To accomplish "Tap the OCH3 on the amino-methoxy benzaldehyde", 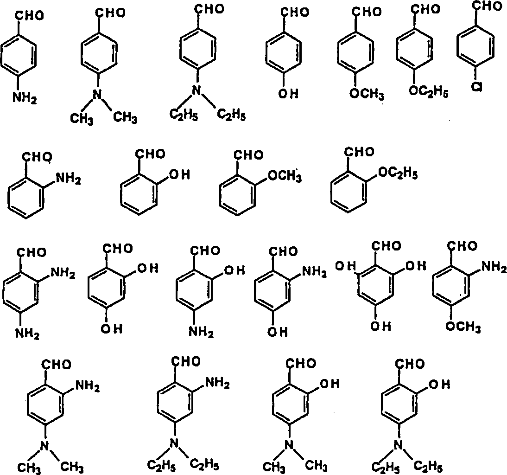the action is pos(463,327).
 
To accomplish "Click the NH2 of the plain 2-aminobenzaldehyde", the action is pos(68,177).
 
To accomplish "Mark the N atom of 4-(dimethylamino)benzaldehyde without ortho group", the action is pos(97,95).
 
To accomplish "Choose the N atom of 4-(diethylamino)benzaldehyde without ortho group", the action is pos(198,90).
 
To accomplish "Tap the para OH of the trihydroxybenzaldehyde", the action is pos(380,327).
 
